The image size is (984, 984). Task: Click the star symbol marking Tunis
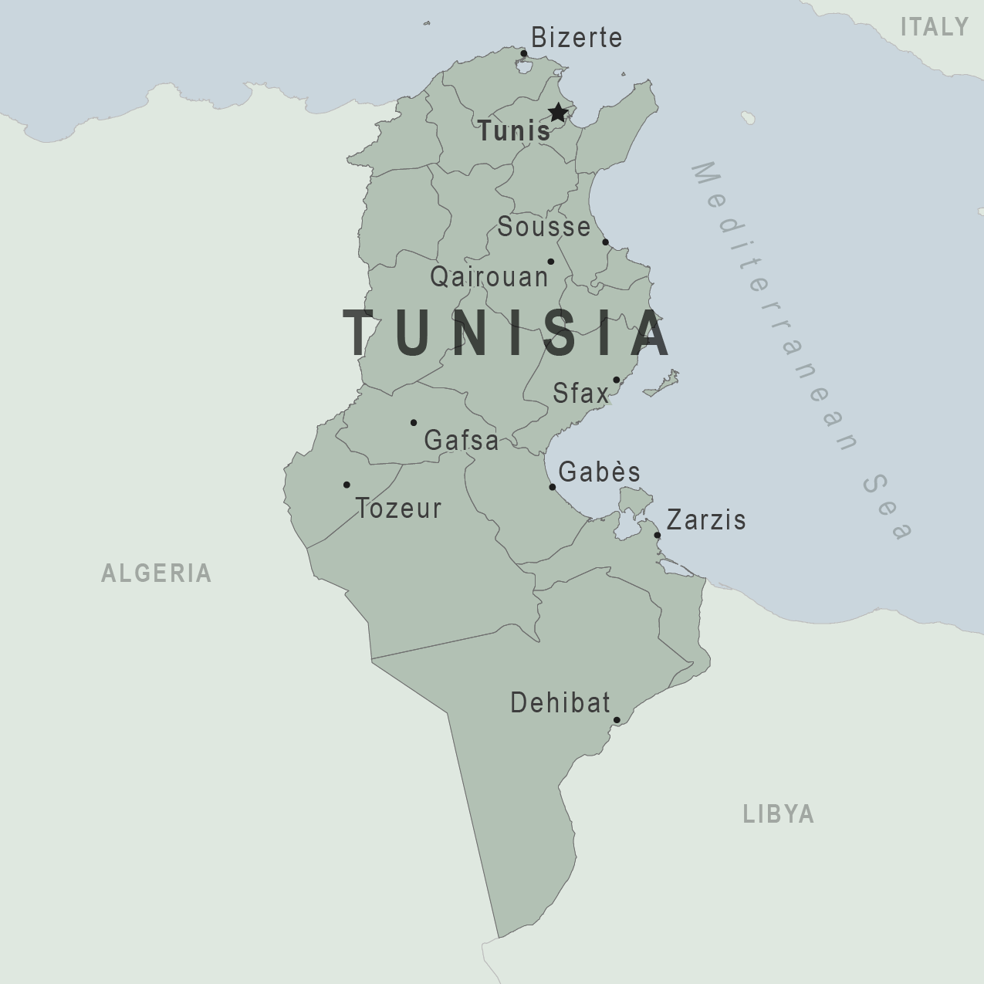pos(557,113)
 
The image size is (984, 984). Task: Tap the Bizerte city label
pos(577,38)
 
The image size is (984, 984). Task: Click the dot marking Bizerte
pos(524,54)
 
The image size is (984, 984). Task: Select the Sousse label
pos(544,227)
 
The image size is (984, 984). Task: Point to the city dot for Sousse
pos(606,242)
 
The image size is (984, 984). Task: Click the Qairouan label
pos(489,276)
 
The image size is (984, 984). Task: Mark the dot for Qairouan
pos(550,262)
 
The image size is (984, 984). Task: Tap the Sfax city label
pos(580,394)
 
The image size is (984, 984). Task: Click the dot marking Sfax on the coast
pos(617,380)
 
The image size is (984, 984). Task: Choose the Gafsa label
pos(462,441)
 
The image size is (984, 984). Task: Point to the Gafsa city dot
pos(414,423)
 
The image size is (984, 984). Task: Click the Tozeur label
pos(398,509)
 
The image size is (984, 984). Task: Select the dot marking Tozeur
pos(347,485)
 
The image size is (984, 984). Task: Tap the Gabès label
pos(600,472)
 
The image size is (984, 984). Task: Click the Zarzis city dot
pos(658,536)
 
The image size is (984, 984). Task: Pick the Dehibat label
pos(560,703)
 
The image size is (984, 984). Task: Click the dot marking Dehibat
pos(617,721)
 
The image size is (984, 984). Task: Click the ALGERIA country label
pos(157,573)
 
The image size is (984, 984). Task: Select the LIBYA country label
pos(779,814)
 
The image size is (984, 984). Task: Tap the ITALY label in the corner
pos(935,27)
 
